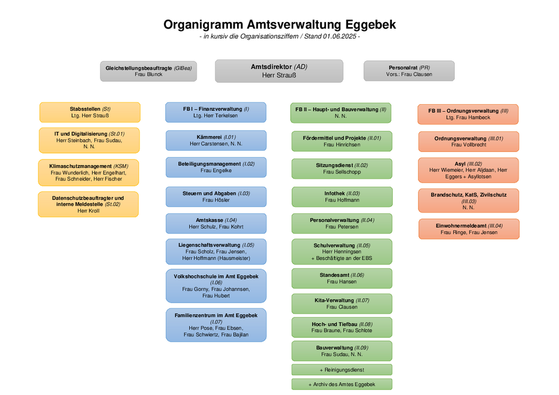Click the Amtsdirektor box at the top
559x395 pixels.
[279, 71]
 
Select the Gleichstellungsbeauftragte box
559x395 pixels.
[148, 71]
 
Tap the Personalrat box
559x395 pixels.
[409, 71]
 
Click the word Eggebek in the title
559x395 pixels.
[371, 25]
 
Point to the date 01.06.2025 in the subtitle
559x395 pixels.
[339, 36]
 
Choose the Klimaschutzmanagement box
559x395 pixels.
[89, 173]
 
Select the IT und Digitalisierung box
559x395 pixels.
[89, 140]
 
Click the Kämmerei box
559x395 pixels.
[216, 140]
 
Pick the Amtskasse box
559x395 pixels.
[216, 223]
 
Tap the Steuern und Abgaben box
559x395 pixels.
[216, 197]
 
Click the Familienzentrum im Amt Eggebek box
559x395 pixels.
[216, 325]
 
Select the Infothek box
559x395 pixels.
[342, 197]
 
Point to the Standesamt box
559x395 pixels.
[342, 278]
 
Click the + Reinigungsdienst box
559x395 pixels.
[342, 370]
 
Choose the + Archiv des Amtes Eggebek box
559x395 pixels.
[342, 384]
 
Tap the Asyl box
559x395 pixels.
[468, 170]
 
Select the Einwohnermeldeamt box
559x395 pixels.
[469, 229]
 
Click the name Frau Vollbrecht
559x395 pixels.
[469, 144]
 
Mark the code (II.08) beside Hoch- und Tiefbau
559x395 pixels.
[366, 324]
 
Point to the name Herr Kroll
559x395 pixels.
[89, 211]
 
